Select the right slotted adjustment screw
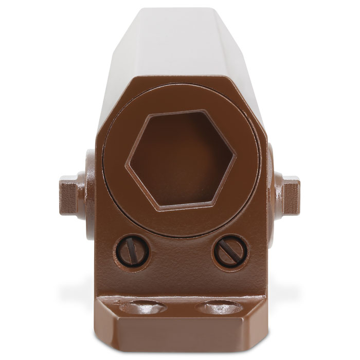click(x=230, y=250)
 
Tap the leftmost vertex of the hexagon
click(x=128, y=164)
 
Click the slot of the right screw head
click(x=230, y=250)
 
